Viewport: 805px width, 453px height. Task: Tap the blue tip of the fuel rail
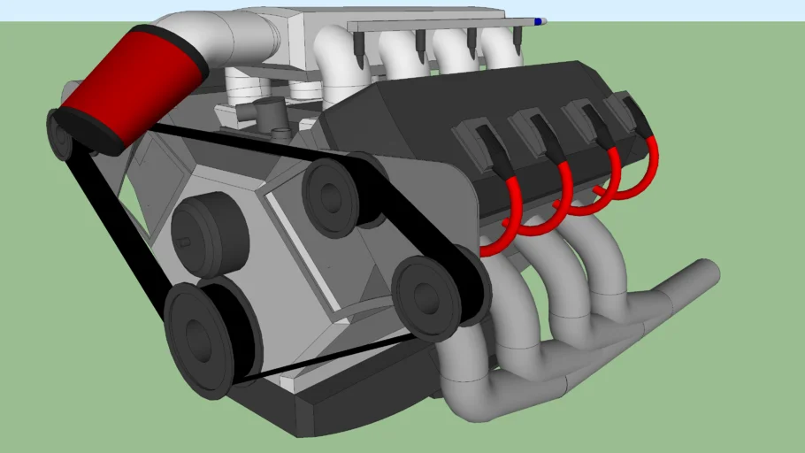pos(540,20)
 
